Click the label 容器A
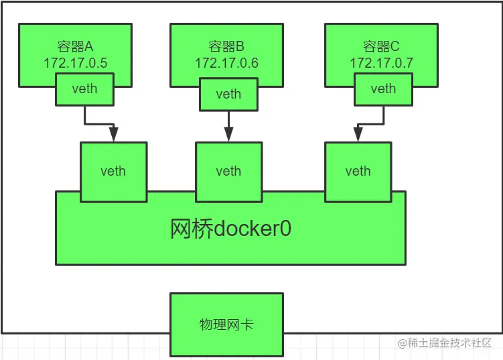pos(75,46)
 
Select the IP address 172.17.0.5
pos(75,62)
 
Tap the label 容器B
pos(226,46)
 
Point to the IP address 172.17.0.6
pos(226,62)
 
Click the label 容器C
pos(381,46)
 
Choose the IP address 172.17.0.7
pos(381,62)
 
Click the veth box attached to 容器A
pos(84,89)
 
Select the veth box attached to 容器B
pos(228,94)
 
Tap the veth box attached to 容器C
pos(383,89)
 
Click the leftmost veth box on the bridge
pos(113,171)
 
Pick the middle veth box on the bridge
pos(228,171)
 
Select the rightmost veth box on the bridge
pos(358,171)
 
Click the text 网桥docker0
pos(230,229)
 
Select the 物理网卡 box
pos(226,325)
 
